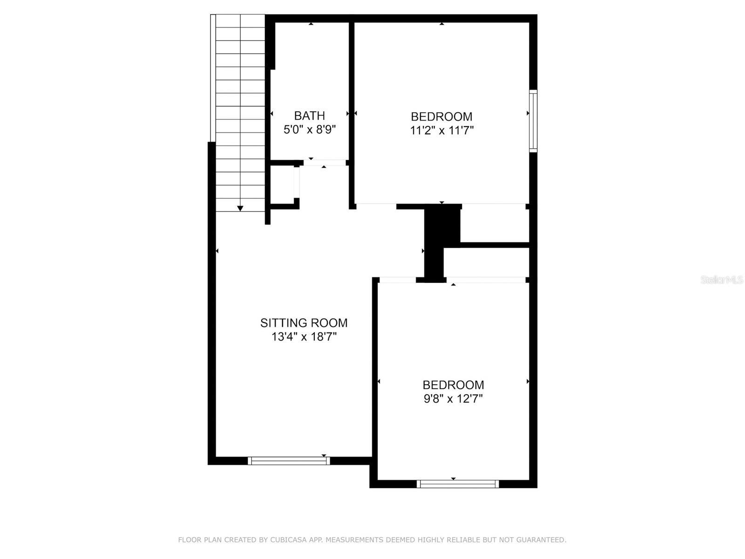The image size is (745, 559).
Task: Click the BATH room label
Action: [309, 116]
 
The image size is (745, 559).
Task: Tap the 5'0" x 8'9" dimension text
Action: [309, 130]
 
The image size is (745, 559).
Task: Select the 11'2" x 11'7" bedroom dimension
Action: [441, 130]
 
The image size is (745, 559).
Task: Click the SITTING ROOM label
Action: [304, 323]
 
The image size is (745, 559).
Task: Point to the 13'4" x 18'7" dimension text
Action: [304, 337]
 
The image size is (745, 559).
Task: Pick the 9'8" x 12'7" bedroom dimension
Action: [453, 398]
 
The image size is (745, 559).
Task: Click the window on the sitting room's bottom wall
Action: [289, 461]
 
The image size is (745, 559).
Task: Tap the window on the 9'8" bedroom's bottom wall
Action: [458, 484]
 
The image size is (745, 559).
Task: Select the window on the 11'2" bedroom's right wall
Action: [533, 121]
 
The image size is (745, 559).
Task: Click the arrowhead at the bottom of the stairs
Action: [240, 208]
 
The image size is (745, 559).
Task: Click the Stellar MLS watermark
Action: [722, 280]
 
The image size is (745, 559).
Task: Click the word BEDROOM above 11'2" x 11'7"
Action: [441, 117]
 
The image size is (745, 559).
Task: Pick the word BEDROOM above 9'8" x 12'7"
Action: [453, 385]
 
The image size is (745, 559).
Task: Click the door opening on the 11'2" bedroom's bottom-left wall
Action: [376, 206]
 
